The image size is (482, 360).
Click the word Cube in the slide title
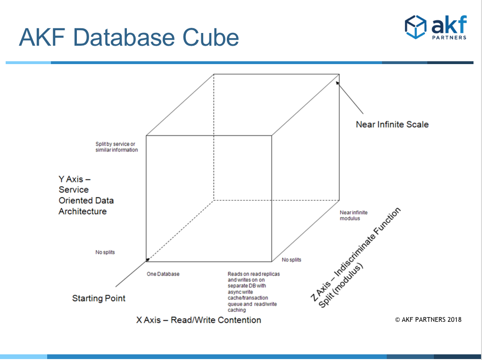tap(210, 38)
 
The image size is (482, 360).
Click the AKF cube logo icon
tap(416, 27)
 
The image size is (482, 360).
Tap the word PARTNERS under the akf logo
tap(449, 38)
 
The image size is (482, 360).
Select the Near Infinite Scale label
tap(392, 124)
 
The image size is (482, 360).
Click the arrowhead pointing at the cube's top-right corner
tap(338, 83)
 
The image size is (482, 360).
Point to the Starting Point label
tap(99, 298)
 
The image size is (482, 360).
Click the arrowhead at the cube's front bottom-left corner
tap(147, 260)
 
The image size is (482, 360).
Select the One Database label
tap(163, 274)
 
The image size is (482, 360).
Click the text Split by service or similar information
tap(116, 147)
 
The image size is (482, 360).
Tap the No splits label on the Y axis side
tap(105, 252)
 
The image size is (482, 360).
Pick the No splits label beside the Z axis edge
tap(291, 260)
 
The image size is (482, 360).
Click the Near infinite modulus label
tap(354, 215)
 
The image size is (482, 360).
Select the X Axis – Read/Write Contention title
tap(199, 320)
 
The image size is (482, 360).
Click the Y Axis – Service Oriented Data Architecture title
tap(86, 195)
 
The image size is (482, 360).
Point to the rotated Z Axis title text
tap(356, 258)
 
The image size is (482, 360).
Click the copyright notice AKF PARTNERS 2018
tap(428, 319)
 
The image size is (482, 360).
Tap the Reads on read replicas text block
tap(254, 292)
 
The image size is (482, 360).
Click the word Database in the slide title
tap(125, 38)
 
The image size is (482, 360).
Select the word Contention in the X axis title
tap(239, 320)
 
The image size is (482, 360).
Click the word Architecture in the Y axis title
tap(83, 211)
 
